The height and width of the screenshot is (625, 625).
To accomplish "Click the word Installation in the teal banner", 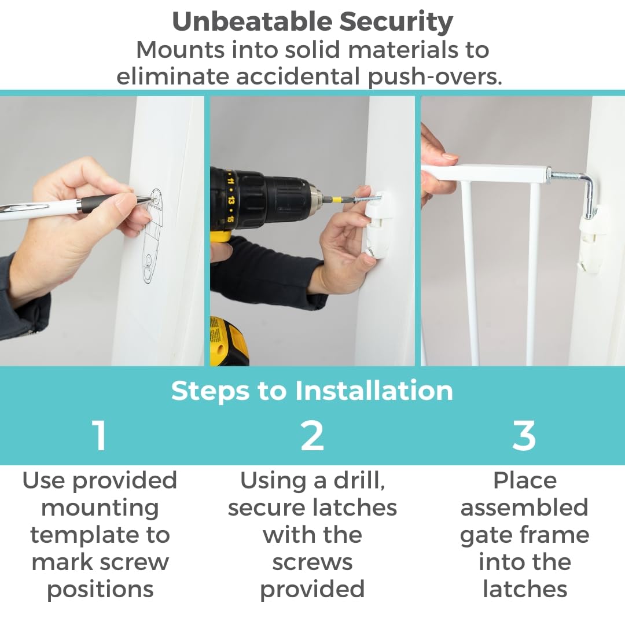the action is (374, 390).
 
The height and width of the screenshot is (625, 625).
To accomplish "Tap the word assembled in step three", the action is (524, 508).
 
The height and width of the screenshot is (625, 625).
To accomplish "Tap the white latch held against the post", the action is (377, 225).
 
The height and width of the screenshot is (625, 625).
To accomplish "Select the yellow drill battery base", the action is (227, 341).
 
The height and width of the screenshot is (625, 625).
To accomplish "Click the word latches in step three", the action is (524, 589).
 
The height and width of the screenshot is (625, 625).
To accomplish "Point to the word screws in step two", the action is (312, 562).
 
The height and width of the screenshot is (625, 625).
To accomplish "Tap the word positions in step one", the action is (100, 590).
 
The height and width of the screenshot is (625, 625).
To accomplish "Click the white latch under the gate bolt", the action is (593, 239).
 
